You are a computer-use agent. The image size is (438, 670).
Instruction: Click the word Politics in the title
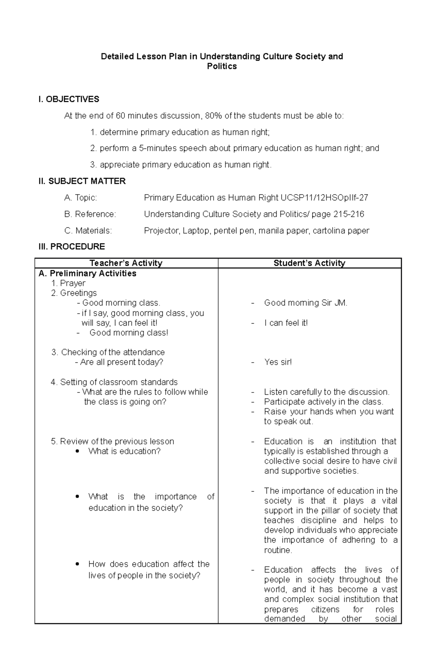222,66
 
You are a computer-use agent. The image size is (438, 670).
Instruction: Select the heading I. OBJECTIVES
69,99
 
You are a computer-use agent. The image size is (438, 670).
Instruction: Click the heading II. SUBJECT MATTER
82,181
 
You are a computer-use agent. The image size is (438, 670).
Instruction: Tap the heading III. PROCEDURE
72,246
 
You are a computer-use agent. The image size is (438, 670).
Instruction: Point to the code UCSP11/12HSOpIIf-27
324,198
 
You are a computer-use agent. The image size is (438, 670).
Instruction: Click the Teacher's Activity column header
126,263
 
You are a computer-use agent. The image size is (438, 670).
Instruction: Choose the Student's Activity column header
309,263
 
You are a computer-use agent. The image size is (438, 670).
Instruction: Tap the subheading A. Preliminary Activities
87,273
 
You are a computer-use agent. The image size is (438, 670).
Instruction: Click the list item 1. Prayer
68,283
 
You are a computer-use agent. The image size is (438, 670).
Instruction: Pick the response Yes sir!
278,362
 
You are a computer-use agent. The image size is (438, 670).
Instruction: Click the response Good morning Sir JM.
306,303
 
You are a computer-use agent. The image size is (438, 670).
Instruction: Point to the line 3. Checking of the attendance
108,352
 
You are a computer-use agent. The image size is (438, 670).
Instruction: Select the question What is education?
124,451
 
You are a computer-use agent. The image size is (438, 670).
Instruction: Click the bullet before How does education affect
77,564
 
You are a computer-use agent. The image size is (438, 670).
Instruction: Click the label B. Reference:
90,214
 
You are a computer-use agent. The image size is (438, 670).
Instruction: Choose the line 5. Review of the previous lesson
112,441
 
